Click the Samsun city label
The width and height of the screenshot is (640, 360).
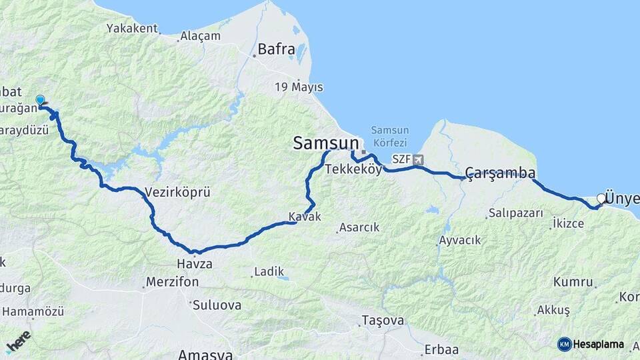point(325,143)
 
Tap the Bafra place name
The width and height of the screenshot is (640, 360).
point(276,49)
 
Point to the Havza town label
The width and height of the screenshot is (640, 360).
point(195,264)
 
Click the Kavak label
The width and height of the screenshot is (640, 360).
point(305,217)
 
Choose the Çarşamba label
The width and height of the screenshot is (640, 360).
point(500,174)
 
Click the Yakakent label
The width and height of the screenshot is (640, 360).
point(132,29)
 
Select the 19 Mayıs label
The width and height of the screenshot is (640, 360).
point(299,87)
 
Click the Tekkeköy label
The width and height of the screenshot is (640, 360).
point(353,170)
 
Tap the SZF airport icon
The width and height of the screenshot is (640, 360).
point(418,159)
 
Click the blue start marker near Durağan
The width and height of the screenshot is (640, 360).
point(40,101)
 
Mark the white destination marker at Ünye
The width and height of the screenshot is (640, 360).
point(601,198)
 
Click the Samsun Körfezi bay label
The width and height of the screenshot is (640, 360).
point(390,136)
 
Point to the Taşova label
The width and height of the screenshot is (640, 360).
point(383,321)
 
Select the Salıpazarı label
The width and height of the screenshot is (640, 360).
point(513,213)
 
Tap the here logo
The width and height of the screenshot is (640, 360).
point(18,342)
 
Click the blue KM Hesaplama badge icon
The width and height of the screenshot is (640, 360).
point(565,344)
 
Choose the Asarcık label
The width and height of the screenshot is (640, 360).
point(359,228)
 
